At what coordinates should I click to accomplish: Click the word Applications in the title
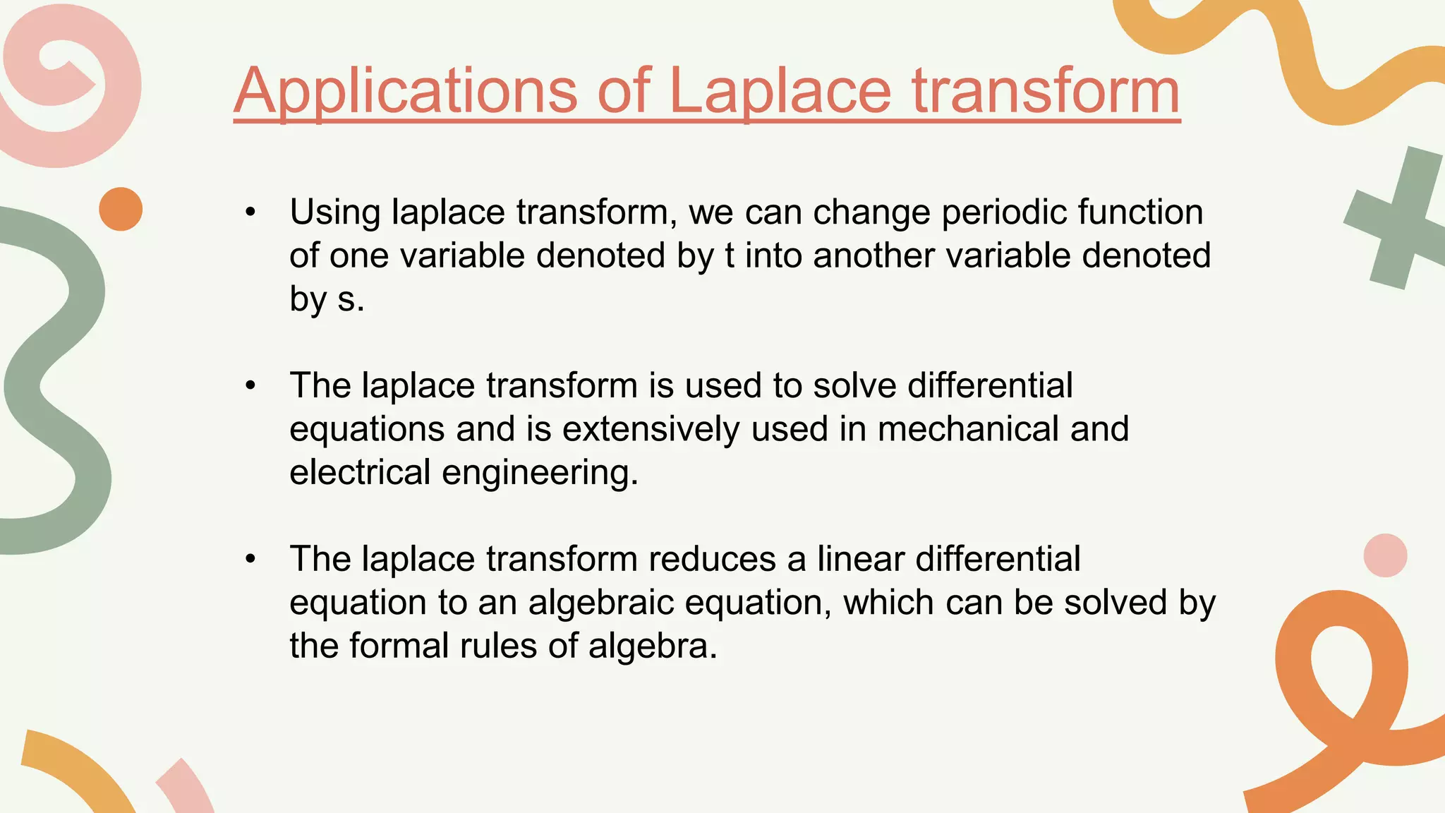coord(406,92)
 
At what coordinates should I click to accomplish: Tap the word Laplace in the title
coord(780,92)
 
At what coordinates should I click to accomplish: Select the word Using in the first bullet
coord(335,212)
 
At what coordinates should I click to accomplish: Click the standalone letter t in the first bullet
coord(730,255)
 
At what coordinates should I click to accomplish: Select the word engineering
coord(540,472)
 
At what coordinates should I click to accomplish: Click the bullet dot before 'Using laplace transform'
coord(250,212)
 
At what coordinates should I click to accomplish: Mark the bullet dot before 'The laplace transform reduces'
coord(250,560)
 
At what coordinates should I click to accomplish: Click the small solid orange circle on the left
coord(121,209)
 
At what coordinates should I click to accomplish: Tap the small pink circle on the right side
coord(1385,555)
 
